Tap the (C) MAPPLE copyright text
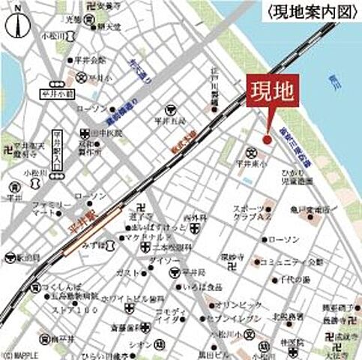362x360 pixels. click(x=19, y=355)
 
